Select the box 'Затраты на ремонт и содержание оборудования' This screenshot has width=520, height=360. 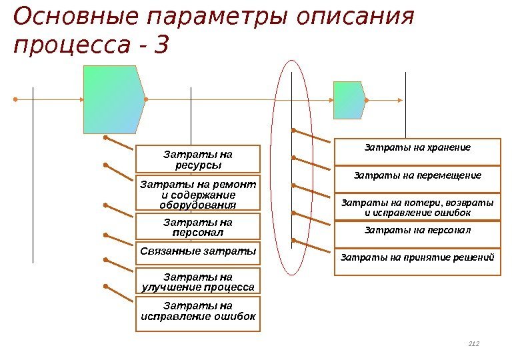pyautogui.click(x=198, y=193)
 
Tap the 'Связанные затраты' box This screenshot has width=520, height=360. pyautogui.click(x=198, y=253)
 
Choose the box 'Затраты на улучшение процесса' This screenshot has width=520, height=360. pyautogui.click(x=198, y=281)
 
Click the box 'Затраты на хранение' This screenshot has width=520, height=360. pyautogui.click(x=417, y=151)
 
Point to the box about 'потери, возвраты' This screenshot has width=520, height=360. pyautogui.click(x=417, y=207)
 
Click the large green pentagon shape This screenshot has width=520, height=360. pyautogui.click(x=112, y=99)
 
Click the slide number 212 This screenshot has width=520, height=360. pyautogui.click(x=474, y=344)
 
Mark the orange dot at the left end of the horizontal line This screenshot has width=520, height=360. pyautogui.click(x=14, y=100)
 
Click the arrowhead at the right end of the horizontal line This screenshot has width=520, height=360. pyautogui.click(x=400, y=100)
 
